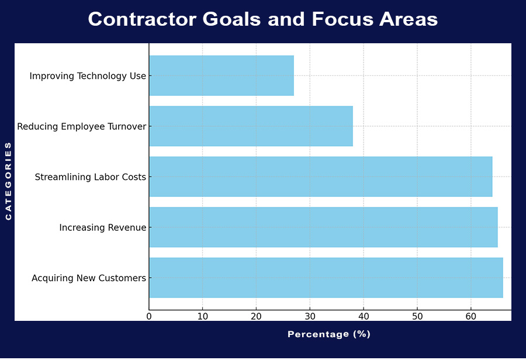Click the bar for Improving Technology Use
(x=222, y=75)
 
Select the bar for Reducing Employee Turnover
(x=251, y=126)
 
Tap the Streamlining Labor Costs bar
(x=320, y=176)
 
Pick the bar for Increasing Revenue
(x=323, y=227)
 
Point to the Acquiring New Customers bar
(x=326, y=278)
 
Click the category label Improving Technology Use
(x=88, y=76)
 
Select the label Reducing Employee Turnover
(x=82, y=126)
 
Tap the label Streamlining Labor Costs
(x=91, y=177)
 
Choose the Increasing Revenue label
(x=103, y=227)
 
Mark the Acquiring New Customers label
(x=89, y=278)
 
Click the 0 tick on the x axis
(x=149, y=316)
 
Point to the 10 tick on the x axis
(x=202, y=316)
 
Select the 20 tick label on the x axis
(x=256, y=316)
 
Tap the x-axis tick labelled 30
(x=310, y=316)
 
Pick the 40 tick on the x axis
(x=364, y=316)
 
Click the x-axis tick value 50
(x=417, y=316)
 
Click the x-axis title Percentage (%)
(x=329, y=334)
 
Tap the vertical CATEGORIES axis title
(x=8, y=181)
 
